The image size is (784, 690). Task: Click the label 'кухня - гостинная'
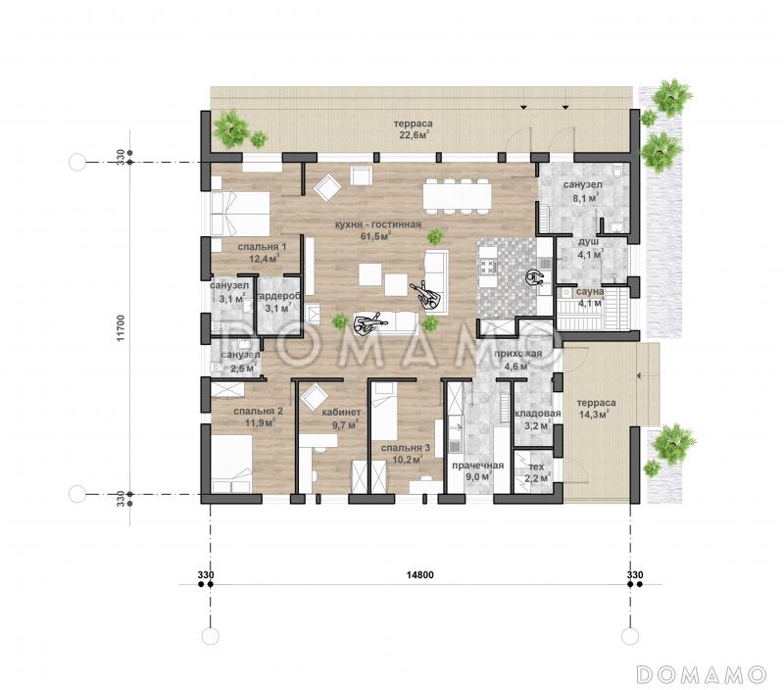click(x=378, y=224)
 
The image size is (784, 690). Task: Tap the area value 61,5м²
click(x=375, y=236)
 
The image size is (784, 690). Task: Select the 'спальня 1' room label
click(x=262, y=247)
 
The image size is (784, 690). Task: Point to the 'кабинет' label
click(x=341, y=413)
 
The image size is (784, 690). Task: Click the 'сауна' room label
click(x=590, y=291)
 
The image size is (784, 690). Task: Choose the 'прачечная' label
click(x=478, y=466)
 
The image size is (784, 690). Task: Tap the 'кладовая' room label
click(x=537, y=414)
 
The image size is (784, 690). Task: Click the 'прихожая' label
click(x=518, y=354)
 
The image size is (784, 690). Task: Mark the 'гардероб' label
click(x=278, y=297)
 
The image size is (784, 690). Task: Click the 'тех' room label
click(x=536, y=467)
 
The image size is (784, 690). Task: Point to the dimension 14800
click(x=419, y=575)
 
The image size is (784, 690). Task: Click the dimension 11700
click(x=120, y=328)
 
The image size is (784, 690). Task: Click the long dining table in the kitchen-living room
click(x=457, y=196)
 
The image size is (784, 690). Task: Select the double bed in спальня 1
click(x=240, y=214)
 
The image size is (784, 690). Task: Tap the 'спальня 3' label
click(x=405, y=448)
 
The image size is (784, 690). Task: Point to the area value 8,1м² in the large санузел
click(x=585, y=199)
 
